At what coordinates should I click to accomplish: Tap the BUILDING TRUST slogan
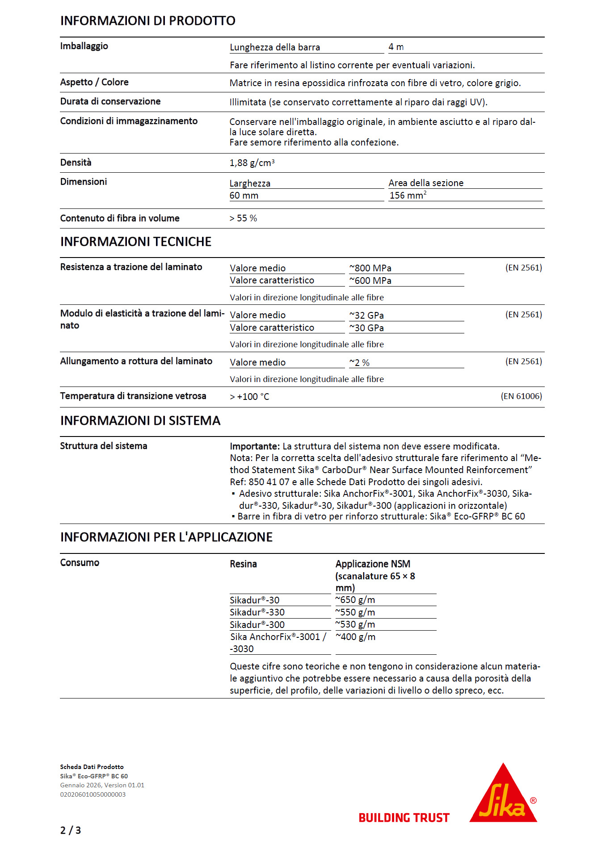click(x=404, y=818)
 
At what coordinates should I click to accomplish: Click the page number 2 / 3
click(x=71, y=830)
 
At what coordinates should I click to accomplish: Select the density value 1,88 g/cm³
click(x=252, y=163)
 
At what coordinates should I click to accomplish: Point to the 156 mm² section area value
click(x=408, y=195)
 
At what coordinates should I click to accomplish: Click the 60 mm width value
click(x=244, y=195)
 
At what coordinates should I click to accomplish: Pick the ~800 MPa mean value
click(x=370, y=268)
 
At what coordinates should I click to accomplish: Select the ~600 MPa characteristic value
click(x=370, y=281)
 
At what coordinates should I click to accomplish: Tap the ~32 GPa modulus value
click(x=366, y=316)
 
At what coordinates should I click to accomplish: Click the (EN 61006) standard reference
click(x=521, y=396)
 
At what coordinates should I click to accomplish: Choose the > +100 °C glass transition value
click(x=249, y=397)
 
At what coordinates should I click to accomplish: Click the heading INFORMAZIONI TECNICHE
click(x=136, y=242)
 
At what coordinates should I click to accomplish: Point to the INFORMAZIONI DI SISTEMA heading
click(x=140, y=421)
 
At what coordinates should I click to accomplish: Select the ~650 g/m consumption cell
click(x=355, y=600)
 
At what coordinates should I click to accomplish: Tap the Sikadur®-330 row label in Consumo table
click(x=257, y=612)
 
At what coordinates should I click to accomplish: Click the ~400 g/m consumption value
click(x=356, y=637)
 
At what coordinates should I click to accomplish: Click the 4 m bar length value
click(x=396, y=47)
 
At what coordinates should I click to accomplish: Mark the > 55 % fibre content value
click(x=243, y=218)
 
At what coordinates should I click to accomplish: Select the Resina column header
click(x=243, y=564)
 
